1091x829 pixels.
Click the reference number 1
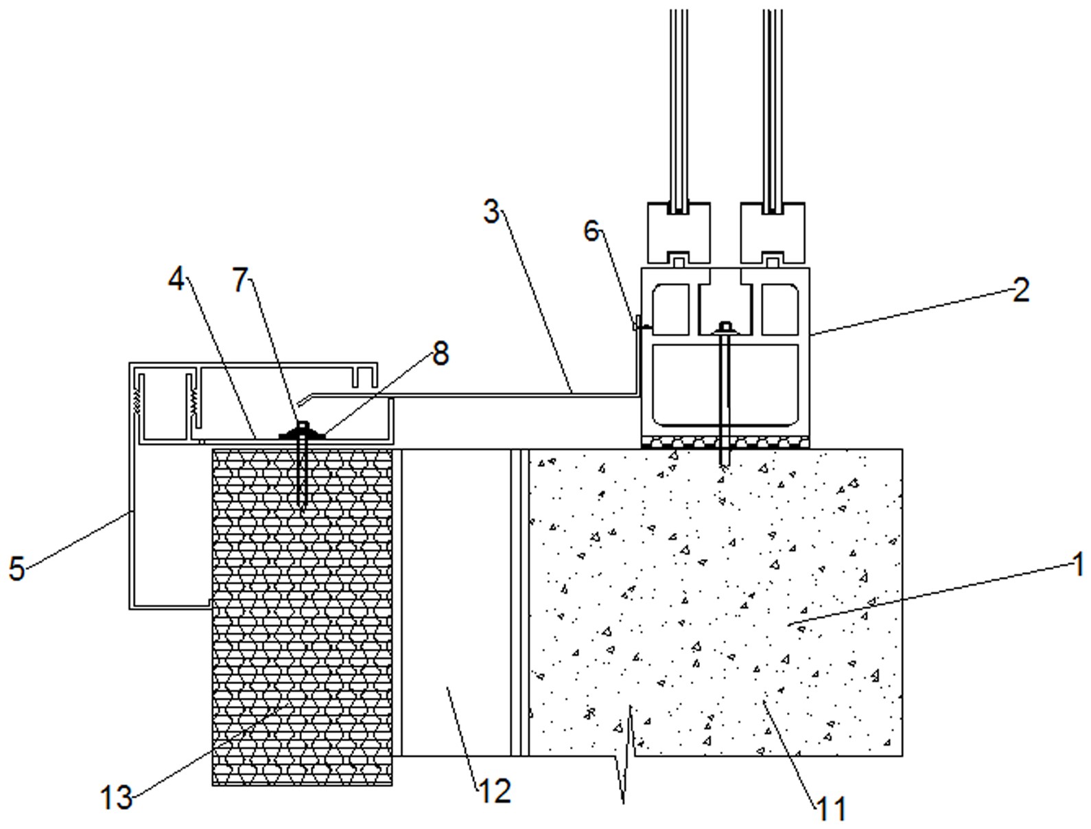[x=1077, y=566]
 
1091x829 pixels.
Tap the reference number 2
[x=1021, y=290]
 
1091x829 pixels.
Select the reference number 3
[x=491, y=212]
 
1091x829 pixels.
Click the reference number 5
[x=17, y=569]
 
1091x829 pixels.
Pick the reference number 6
[x=591, y=231]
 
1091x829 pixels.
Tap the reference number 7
[x=241, y=280]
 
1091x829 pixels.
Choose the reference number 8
[x=441, y=354]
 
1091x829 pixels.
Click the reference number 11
[x=832, y=809]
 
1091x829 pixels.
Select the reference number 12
[x=495, y=791]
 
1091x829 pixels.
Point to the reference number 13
[x=117, y=798]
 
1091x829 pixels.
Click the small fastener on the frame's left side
[x=641, y=326]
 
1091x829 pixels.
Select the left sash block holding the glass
[x=679, y=233]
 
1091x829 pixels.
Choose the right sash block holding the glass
[x=773, y=233]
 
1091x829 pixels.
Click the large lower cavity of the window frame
[x=725, y=385]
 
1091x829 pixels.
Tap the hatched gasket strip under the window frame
[x=725, y=442]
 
